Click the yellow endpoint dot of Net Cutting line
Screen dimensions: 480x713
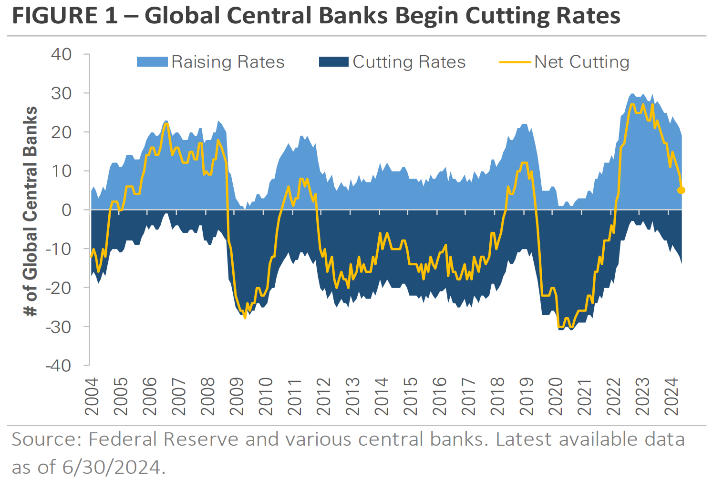coord(681,190)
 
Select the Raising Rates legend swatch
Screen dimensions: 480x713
coord(152,62)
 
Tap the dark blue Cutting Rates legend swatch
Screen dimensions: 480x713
coord(333,62)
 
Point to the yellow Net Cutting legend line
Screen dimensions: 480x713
coord(515,62)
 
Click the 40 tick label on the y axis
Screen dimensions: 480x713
coord(62,54)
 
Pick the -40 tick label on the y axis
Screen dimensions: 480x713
coord(58,366)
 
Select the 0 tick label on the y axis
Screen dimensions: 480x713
coord(67,210)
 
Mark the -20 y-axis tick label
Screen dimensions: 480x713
coord(58,288)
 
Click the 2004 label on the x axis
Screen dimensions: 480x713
coord(91,397)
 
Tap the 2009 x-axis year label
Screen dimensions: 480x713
coord(237,397)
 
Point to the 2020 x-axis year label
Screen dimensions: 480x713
coord(556,397)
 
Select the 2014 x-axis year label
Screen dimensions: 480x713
coord(382,397)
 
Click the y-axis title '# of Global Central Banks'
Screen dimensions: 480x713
coord(31,211)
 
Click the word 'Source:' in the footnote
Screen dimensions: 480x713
coord(46,439)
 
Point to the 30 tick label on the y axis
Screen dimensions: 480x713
coord(62,93)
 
